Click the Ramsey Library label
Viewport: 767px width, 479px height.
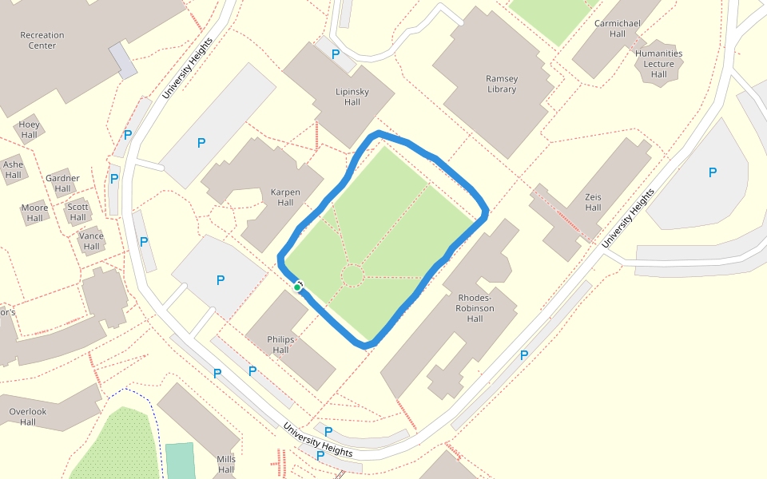[x=502, y=84]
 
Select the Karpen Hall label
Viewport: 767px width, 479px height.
[x=286, y=197]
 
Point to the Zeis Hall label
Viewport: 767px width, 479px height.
[x=593, y=202]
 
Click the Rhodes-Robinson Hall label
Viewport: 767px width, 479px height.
[x=475, y=308]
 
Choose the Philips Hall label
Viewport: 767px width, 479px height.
[x=280, y=345]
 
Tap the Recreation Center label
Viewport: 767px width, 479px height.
[x=42, y=40]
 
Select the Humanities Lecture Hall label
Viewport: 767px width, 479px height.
[x=659, y=64]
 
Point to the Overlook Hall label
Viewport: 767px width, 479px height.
[x=28, y=417]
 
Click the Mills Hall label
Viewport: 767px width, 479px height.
[x=226, y=465]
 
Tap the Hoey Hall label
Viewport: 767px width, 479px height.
[x=30, y=129]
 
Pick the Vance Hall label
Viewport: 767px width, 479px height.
[x=92, y=241]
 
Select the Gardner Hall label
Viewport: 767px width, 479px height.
[x=62, y=184]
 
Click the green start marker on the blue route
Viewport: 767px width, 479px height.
[x=297, y=287]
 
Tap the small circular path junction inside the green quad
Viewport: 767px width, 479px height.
[x=352, y=276]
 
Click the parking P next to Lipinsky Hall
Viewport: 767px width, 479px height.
[x=336, y=54]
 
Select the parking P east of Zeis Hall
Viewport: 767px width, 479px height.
[x=713, y=172]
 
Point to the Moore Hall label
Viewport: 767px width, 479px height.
[x=34, y=213]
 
